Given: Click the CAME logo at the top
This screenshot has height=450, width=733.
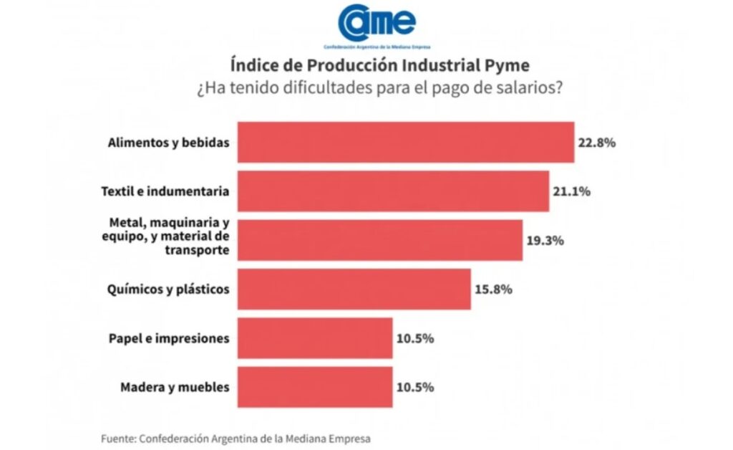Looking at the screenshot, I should coord(378,23).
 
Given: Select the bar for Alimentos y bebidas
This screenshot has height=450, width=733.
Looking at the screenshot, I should coord(405,142).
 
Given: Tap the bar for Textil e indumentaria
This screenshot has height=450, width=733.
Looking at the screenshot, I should coord(392,191).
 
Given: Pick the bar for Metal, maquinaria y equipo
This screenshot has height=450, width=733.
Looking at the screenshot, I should coord(379,240).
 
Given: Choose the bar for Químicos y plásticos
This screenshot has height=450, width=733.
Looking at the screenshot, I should coord(354,289).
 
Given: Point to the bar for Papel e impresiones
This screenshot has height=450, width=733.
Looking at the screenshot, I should coord(314,337).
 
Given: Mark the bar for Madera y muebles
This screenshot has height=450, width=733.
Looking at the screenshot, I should coord(314,387).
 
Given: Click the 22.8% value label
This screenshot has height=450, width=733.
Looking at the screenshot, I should coord(597,142).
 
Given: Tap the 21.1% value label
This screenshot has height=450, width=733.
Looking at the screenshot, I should coord(571,191).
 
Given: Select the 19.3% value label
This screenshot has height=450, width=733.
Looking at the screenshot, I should coord(545,240).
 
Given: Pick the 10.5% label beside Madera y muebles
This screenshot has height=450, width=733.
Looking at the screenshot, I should coord(414,387).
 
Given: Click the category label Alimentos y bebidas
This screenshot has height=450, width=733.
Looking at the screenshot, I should coord(168,142).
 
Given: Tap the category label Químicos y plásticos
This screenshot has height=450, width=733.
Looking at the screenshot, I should coord(169,289).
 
